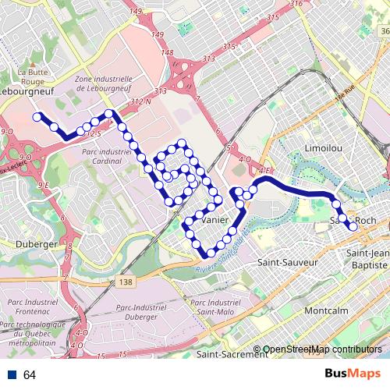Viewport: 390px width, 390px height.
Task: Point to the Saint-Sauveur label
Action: [289, 263]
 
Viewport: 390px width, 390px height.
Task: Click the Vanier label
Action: [214, 221]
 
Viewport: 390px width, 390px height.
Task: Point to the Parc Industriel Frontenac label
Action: [35, 307]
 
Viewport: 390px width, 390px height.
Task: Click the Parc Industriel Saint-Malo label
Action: [217, 307]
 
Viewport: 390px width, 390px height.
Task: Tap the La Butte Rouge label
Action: [32, 76]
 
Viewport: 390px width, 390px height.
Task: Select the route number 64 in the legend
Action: [30, 375]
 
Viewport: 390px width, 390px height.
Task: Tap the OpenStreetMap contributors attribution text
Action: [322, 349]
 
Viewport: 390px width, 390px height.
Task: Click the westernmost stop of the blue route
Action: [37, 117]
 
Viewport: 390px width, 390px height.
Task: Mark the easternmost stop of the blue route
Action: [353, 227]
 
